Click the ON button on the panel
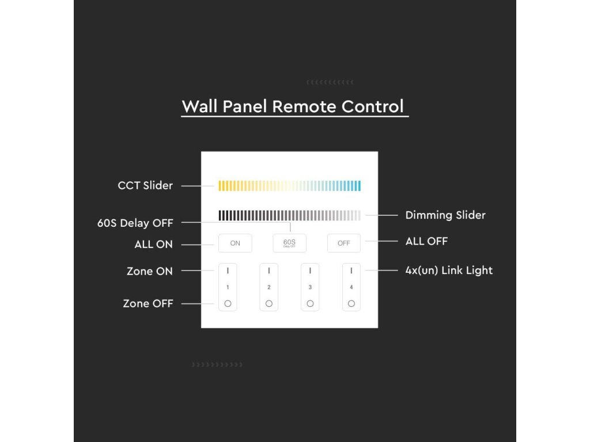click(235, 243)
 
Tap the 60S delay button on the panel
click(289, 243)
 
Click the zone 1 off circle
click(228, 303)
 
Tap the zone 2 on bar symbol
click(269, 270)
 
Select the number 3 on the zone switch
click(310, 287)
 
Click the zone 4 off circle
click(351, 303)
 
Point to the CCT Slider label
click(145, 186)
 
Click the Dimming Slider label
click(445, 215)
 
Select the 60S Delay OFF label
click(135, 223)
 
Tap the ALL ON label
click(153, 245)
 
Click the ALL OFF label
click(427, 241)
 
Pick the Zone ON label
click(150, 272)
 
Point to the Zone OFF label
click(148, 304)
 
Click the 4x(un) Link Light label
click(449, 270)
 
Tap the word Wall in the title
click(199, 106)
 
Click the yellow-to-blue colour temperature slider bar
click(290, 186)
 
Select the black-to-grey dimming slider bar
click(290, 215)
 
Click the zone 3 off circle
click(310, 303)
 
